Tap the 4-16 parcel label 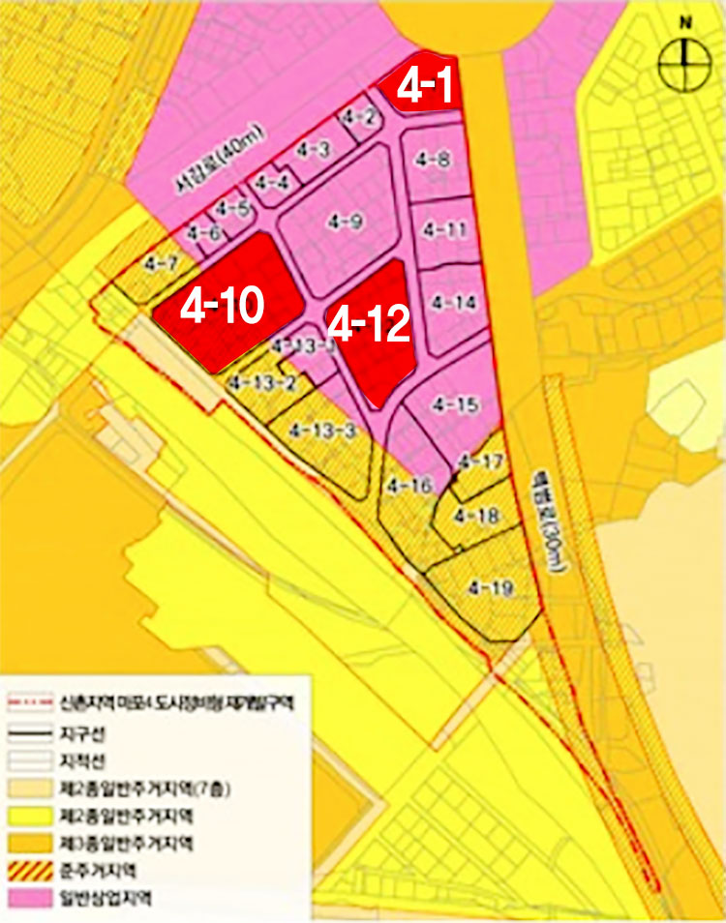tap(408, 485)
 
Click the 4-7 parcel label tap(159, 263)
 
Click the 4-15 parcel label tap(454, 405)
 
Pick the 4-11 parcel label tap(445, 230)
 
